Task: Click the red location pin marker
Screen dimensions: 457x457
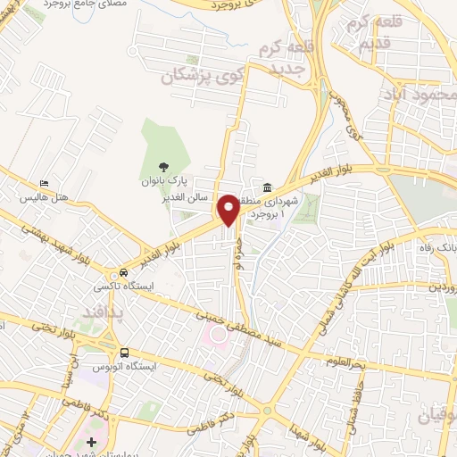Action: pos(228,210)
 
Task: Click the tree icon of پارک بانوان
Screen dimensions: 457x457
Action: pos(163,166)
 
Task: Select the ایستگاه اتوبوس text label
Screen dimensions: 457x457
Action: pos(124,367)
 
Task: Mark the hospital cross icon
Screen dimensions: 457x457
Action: pos(92,442)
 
